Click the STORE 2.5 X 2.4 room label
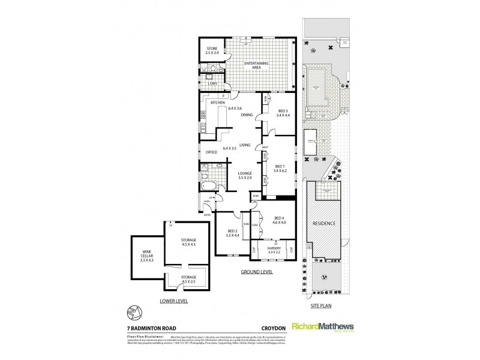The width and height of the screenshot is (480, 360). coord(212,51)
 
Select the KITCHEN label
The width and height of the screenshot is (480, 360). coord(217,103)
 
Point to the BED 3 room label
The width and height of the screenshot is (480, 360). coord(283,114)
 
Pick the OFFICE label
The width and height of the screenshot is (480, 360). coord(211,152)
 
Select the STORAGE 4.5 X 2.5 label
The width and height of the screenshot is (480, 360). coord(188,279)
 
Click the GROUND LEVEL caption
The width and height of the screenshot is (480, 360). coord(256,272)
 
